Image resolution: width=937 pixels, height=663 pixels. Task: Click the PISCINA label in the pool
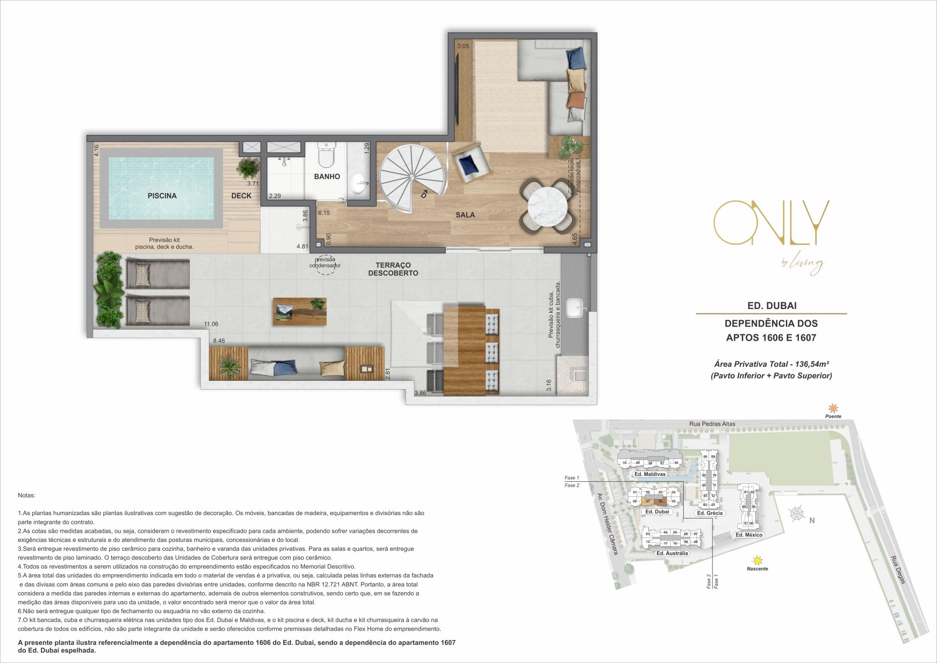tap(162, 196)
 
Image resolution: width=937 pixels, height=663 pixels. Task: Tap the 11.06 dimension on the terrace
tap(211, 324)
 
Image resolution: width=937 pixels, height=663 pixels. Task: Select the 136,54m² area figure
tap(810, 364)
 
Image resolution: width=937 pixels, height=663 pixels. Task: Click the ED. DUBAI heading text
tap(772, 306)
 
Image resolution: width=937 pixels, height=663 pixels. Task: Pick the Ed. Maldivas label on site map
tap(650, 474)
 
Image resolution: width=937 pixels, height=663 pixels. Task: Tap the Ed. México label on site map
tap(749, 535)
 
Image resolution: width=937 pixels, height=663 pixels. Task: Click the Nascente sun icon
tap(757, 560)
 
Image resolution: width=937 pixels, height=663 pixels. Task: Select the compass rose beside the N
tap(796, 514)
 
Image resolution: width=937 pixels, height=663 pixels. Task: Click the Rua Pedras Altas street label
tap(712, 424)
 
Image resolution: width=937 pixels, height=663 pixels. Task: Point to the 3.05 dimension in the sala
tap(463, 46)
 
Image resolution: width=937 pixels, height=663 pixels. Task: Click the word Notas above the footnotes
tap(26, 495)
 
